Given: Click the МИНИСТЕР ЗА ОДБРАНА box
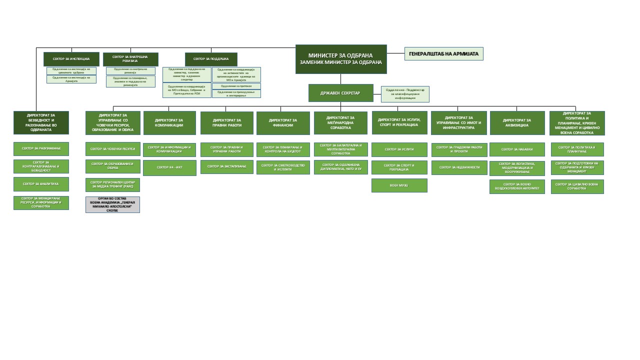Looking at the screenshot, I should coord(340,59).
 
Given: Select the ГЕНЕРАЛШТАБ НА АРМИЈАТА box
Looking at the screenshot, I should coord(443,53).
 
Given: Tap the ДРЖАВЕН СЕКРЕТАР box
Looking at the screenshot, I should coord(340,93).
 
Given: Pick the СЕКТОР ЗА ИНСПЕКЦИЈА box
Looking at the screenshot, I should coord(71,59).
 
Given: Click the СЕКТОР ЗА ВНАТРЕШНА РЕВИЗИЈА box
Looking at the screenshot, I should coord(130,59).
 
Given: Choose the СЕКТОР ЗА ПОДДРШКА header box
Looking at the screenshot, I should coord(211,59).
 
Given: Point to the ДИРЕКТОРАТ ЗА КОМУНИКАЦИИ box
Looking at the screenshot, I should coord(169,122).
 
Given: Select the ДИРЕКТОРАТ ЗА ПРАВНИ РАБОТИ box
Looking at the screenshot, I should coord(226,122).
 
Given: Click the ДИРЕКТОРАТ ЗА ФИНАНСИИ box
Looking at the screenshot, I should coord(283,122).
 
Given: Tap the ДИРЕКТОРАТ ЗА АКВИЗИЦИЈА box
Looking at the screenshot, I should coord(517,122).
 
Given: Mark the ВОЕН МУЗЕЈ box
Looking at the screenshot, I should coord(399,185).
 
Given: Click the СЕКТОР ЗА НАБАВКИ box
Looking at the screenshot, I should coord(517,149).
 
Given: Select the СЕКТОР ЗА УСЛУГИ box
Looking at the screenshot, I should coord(399,149).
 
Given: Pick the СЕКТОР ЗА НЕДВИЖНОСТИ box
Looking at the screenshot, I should coord(459,167).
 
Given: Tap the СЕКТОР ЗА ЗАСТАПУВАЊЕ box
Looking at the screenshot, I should coord(226,166).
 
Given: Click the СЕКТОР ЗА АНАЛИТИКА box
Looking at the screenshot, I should coord(41,184).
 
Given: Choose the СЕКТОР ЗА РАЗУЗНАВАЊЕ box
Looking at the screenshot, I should coord(41,148).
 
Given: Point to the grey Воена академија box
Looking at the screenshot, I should coord(112,204).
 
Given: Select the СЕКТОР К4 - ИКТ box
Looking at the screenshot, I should coord(169,167).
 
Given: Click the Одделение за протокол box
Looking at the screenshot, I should coord(236,86).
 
